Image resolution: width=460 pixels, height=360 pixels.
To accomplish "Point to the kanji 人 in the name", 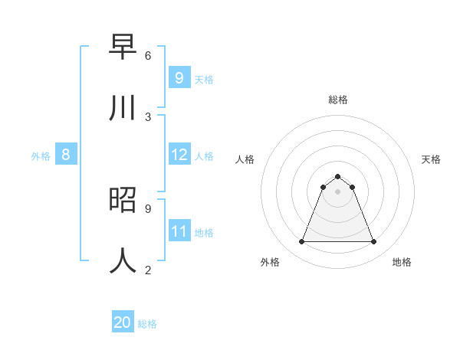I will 123,260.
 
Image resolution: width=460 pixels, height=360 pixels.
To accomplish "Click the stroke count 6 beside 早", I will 148,55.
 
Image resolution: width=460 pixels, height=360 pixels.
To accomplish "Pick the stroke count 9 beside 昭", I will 148,208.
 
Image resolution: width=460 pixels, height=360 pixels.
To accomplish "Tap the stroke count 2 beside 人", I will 148,270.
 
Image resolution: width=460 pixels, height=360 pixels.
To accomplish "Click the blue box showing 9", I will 179,77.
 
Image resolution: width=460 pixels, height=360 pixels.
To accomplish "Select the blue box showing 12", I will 179,155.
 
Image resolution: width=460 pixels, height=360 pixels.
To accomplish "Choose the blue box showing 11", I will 179,231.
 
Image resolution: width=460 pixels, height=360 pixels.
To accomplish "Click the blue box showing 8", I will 66,155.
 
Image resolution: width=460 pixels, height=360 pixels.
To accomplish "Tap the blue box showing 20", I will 123,322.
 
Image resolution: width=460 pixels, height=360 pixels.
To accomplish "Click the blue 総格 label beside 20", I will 147,324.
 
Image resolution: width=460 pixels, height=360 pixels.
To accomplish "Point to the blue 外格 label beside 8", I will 41,156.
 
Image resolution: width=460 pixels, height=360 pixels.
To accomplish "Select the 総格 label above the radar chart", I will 338,100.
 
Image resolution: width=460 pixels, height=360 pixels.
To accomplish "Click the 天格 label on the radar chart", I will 431,159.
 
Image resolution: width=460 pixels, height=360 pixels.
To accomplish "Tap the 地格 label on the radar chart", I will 402,262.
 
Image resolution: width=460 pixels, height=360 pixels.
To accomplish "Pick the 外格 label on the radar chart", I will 270,262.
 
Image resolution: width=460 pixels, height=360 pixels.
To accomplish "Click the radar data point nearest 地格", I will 373,242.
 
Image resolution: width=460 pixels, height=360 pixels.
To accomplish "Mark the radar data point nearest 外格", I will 301,242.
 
